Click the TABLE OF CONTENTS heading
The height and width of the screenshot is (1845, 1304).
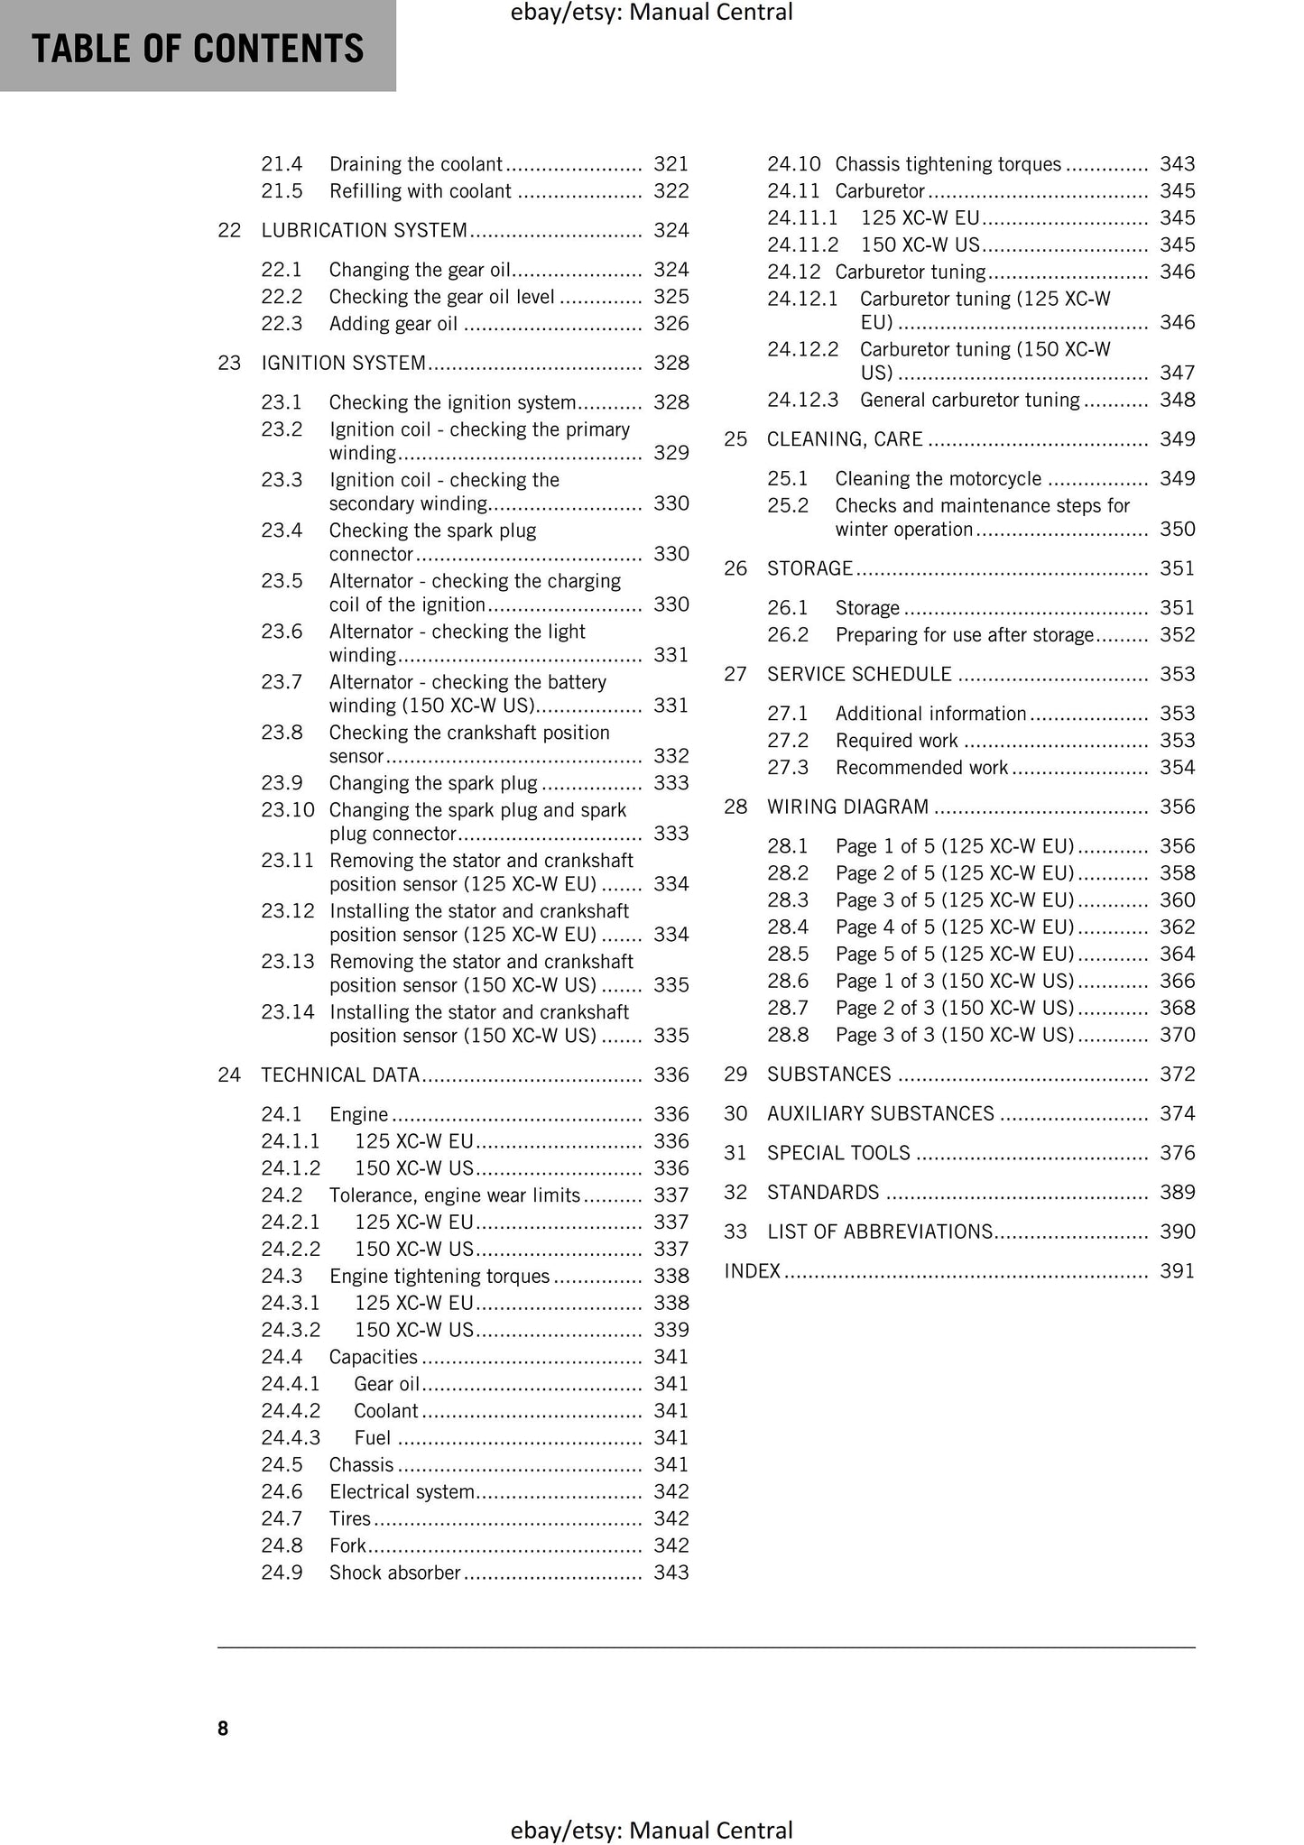pyautogui.click(x=198, y=49)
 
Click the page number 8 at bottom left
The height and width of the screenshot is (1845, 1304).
pyautogui.click(x=223, y=1728)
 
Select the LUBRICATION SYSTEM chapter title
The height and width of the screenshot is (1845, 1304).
pyautogui.click(x=364, y=230)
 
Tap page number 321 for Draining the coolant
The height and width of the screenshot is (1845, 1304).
pyautogui.click(x=670, y=164)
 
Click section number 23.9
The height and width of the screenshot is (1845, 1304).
pyautogui.click(x=282, y=783)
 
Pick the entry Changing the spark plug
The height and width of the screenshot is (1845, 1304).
pyautogui.click(x=432, y=783)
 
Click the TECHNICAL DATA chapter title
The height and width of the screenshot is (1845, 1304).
pyautogui.click(x=340, y=1075)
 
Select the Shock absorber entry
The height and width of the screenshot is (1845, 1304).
pyautogui.click(x=394, y=1573)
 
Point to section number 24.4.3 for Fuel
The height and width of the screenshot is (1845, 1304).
pyautogui.click(x=291, y=1437)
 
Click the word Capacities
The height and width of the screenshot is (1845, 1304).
pyautogui.click(x=373, y=1357)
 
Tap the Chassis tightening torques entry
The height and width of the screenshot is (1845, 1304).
pyautogui.click(x=948, y=164)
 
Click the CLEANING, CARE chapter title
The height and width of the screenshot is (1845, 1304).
pyautogui.click(x=845, y=439)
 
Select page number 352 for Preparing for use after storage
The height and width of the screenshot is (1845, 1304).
pyautogui.click(x=1177, y=635)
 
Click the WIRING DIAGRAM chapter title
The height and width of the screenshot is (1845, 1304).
pyautogui.click(x=847, y=807)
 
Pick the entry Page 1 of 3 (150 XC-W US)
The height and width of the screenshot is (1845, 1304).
pyautogui.click(x=954, y=981)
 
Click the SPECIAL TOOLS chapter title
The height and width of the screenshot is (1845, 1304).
pyautogui.click(x=838, y=1153)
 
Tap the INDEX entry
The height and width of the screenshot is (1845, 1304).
pyautogui.click(x=752, y=1271)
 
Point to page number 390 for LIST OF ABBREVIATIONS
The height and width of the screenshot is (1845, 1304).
pyautogui.click(x=1177, y=1232)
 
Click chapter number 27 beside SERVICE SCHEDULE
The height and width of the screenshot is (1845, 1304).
pyautogui.click(x=735, y=674)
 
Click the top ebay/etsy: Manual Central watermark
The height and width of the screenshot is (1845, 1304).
pyautogui.click(x=652, y=13)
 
